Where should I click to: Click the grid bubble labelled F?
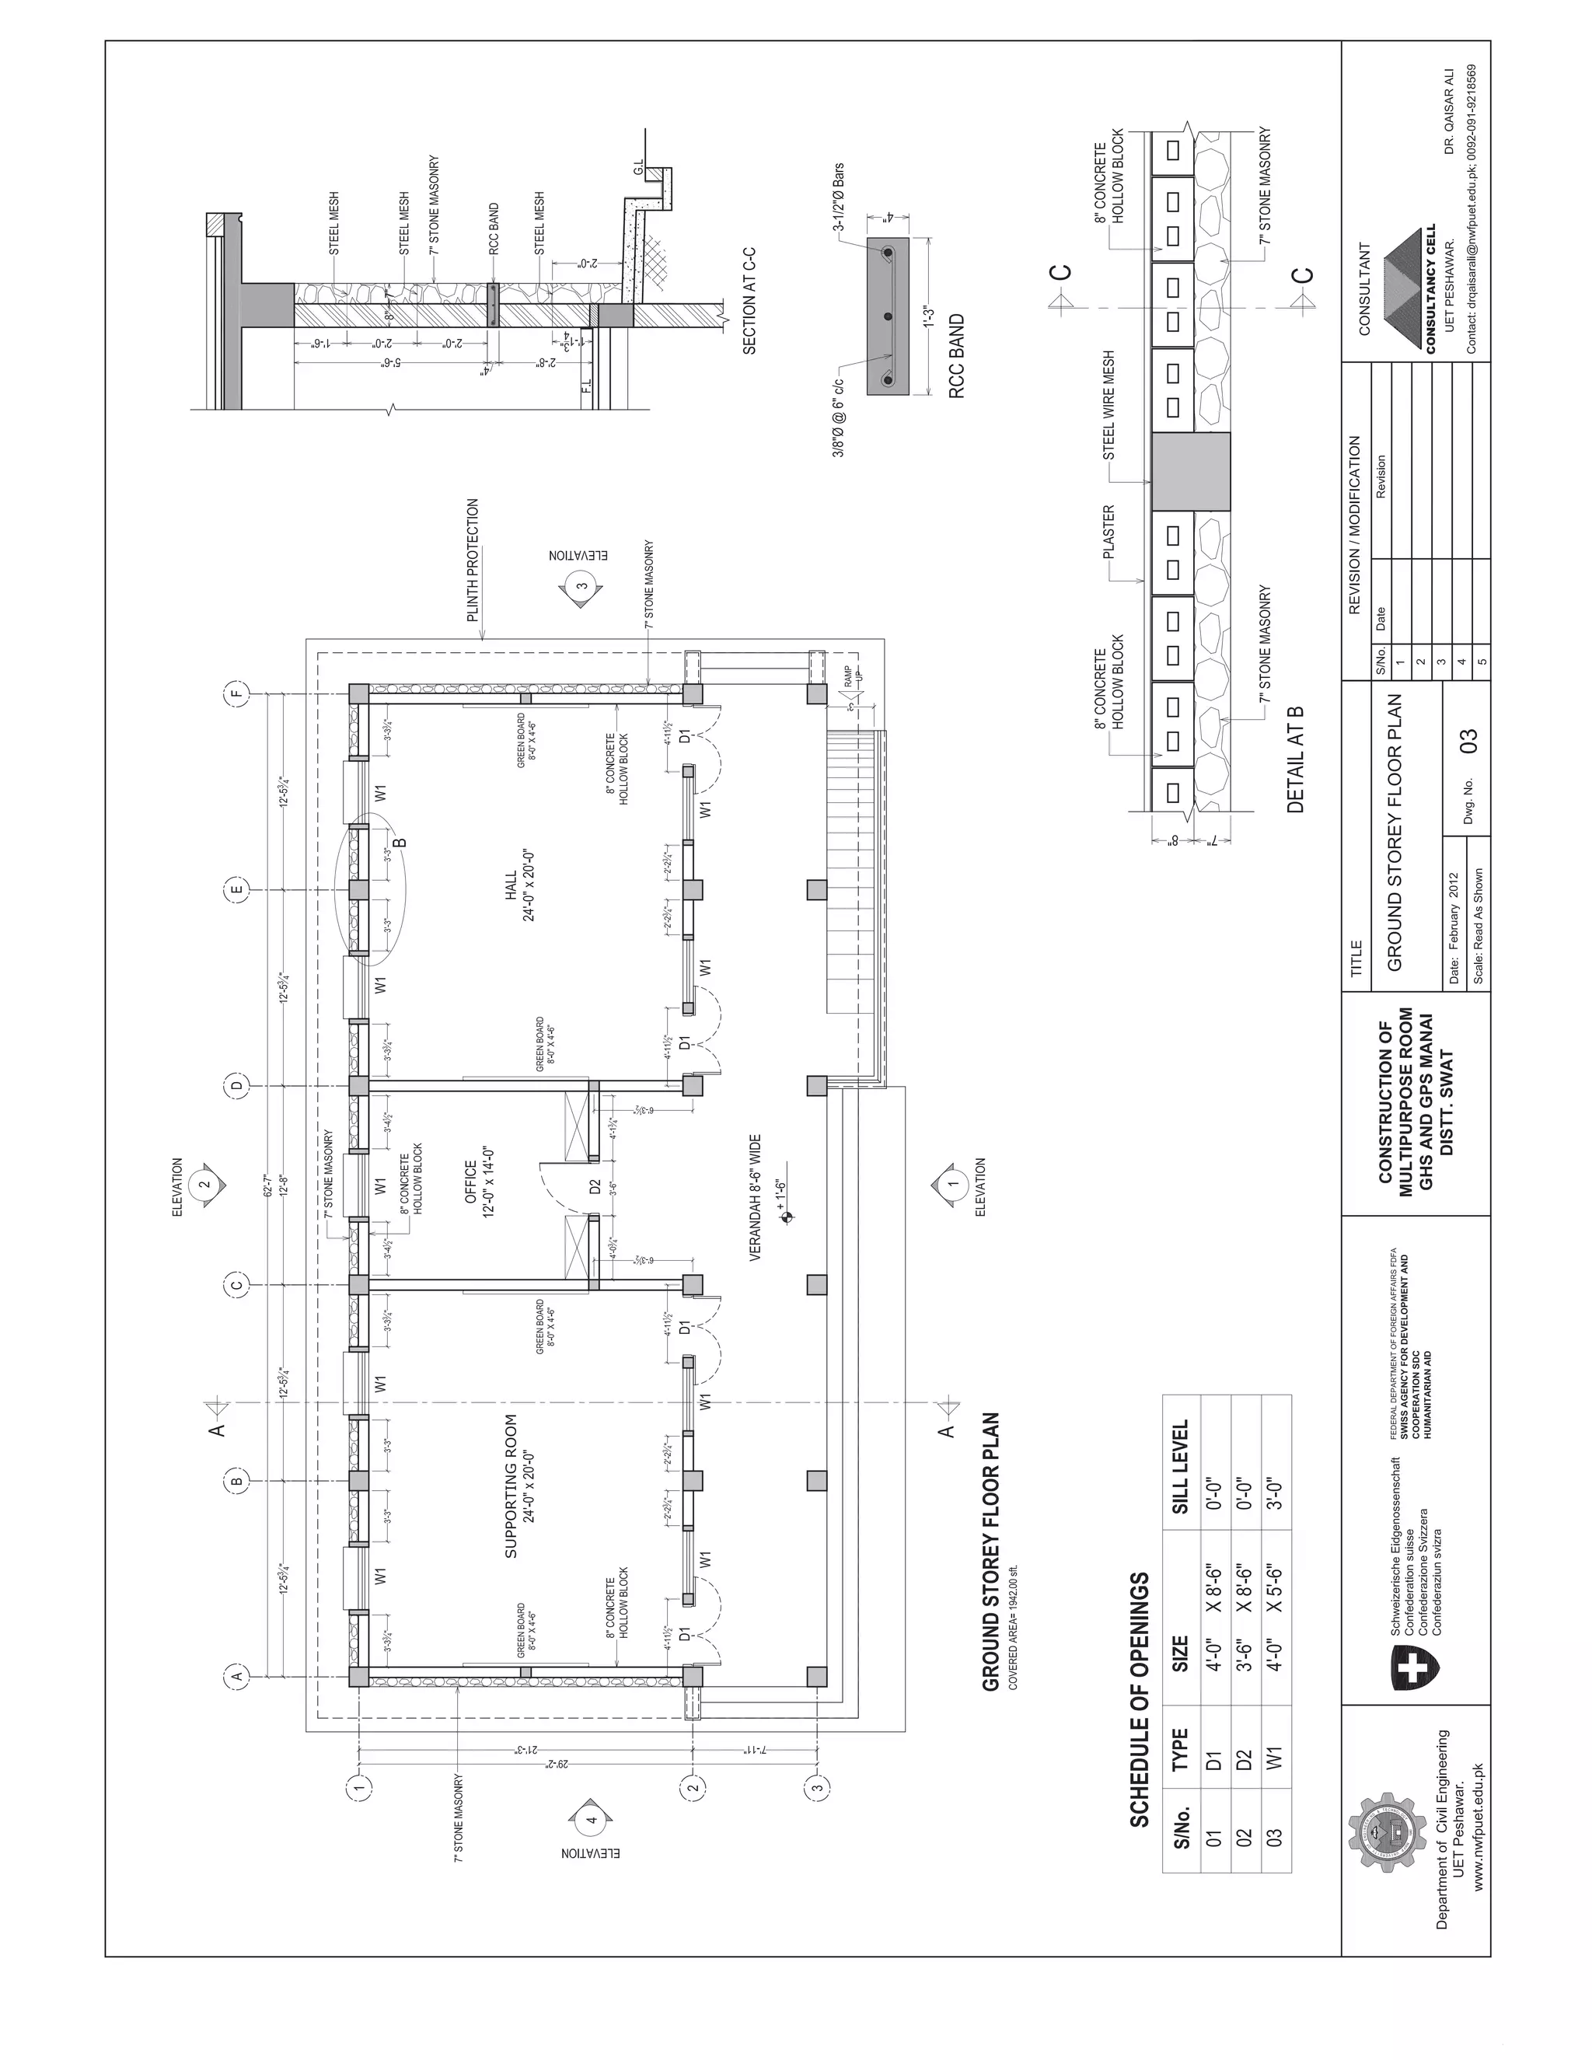[238, 695]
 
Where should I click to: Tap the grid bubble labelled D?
[238, 1084]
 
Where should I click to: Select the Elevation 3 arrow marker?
[583, 587]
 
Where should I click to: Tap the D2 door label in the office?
[595, 1185]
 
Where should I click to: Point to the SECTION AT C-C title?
[751, 300]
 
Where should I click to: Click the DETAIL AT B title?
[1295, 759]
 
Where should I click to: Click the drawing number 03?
[1468, 739]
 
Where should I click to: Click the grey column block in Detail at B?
[1190, 472]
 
